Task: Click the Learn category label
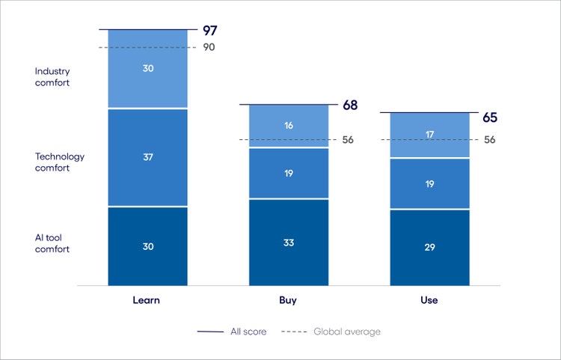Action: click(147, 300)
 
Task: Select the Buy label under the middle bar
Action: click(288, 300)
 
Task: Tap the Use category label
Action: click(429, 300)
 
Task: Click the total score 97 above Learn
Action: click(210, 31)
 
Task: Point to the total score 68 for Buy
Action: click(350, 106)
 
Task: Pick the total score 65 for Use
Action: click(490, 118)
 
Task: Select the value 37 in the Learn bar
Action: click(147, 157)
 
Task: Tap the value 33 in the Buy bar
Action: click(288, 242)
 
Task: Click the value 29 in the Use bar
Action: click(429, 247)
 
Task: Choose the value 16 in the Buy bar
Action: click(288, 126)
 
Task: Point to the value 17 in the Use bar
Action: click(429, 135)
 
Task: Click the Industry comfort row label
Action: click(52, 77)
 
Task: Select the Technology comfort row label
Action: click(60, 162)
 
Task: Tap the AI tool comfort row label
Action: click(52, 243)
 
